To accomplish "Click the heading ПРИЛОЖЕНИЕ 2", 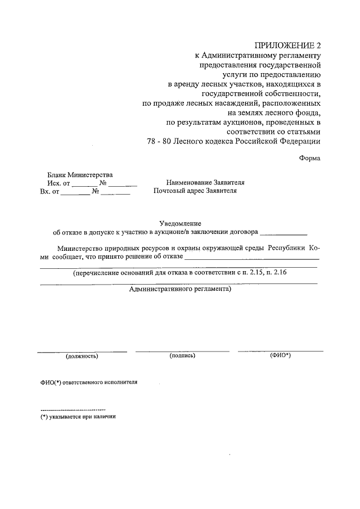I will (x=287, y=46).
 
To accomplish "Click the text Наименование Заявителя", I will (x=205, y=183).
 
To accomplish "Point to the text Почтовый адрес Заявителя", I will (x=195, y=191).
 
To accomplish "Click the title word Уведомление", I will (x=179, y=224).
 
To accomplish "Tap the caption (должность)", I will (x=82, y=356).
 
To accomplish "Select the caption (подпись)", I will (x=182, y=356).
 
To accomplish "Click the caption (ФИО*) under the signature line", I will (x=280, y=355).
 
